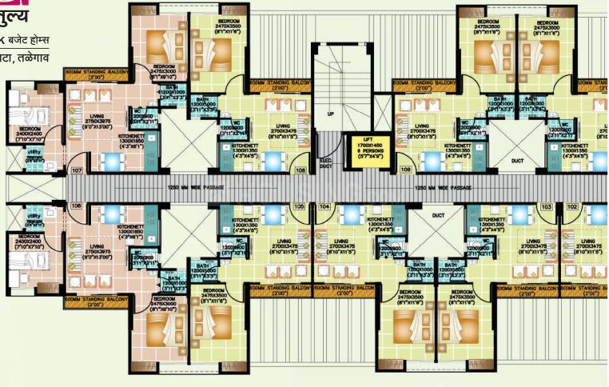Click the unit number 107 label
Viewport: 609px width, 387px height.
(77, 171)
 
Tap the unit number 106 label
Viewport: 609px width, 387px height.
(77, 205)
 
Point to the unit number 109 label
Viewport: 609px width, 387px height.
(406, 171)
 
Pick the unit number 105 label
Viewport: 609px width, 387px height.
(299, 206)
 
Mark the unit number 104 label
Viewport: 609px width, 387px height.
(324, 206)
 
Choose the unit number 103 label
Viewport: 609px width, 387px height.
(547, 206)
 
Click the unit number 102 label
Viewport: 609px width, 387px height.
(572, 206)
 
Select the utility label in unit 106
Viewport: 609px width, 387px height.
(34, 216)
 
